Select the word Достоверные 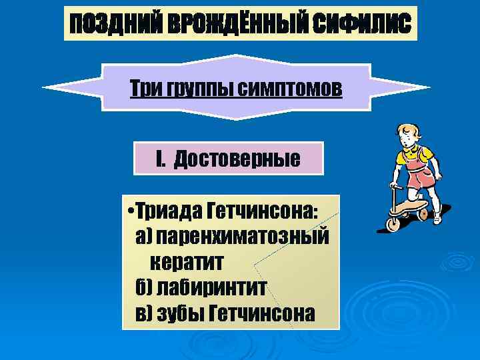pyautogui.click(x=237, y=160)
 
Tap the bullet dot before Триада pyautogui.click(x=131, y=213)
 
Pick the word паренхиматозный pyautogui.click(x=243, y=237)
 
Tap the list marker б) pyautogui.click(x=144, y=287)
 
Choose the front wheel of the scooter pyautogui.click(x=393, y=223)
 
